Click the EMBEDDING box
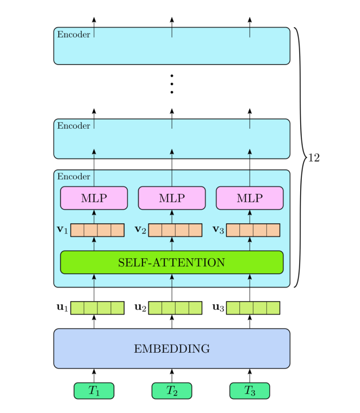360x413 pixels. coord(171,348)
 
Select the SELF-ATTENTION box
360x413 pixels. coord(171,262)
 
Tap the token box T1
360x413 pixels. coord(94,391)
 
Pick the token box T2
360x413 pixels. coord(171,391)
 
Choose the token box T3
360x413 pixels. coord(250,391)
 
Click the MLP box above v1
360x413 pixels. coord(94,198)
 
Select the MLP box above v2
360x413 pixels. coord(171,198)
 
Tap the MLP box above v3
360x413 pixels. coord(250,198)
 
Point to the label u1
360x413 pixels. coord(62,308)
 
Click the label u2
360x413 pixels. coord(140,308)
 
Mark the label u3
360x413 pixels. coord(219,308)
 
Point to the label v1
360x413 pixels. coord(62,230)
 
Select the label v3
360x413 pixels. coord(219,230)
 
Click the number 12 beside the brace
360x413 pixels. coord(314,158)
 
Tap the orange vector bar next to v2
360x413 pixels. coord(175,230)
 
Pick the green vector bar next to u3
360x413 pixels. coord(253,308)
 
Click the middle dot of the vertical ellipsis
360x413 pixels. coord(171,84)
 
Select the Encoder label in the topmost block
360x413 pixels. coord(73,35)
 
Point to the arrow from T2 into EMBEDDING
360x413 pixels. coord(171,376)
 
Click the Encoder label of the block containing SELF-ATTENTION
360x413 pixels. coord(73,177)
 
